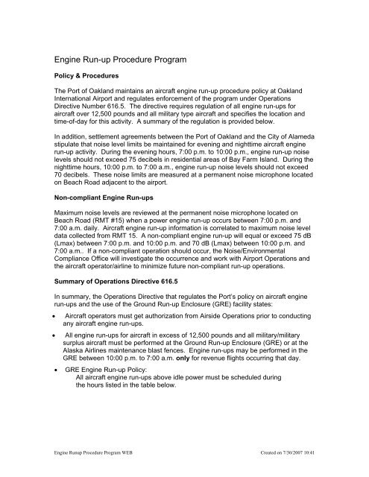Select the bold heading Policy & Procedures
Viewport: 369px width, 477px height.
(83, 76)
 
